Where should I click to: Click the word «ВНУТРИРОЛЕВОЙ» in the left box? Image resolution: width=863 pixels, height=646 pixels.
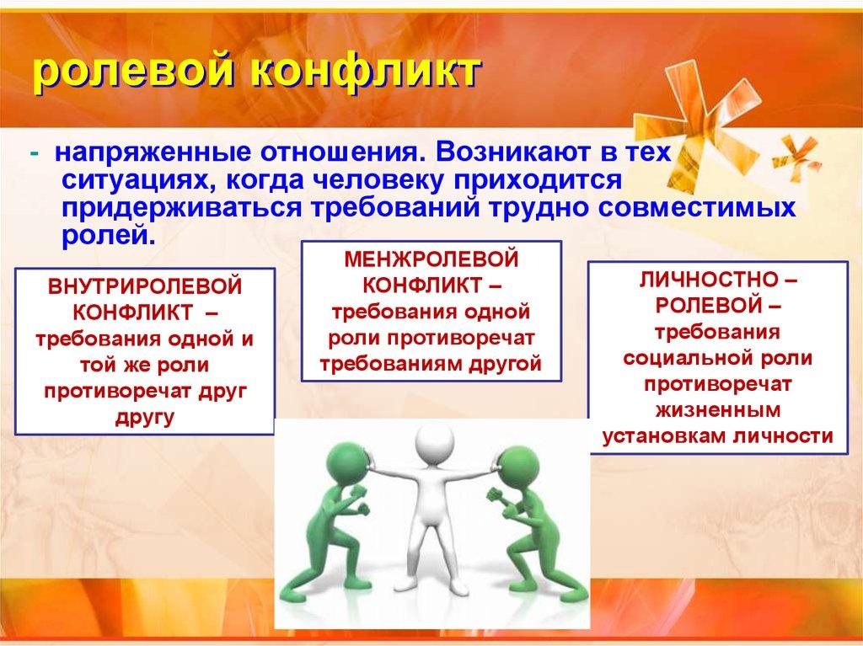pos(145,287)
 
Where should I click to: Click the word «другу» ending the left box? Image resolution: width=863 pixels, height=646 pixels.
pos(145,416)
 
